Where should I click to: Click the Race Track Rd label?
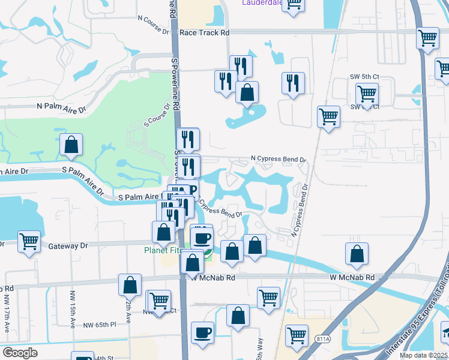(205, 32)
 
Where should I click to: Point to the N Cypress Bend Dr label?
(279, 160)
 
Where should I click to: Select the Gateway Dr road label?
(68, 245)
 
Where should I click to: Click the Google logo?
(20, 352)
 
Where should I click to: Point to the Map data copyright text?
(424, 355)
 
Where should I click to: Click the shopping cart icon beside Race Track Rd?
(427, 37)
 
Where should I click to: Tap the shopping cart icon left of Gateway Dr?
(29, 241)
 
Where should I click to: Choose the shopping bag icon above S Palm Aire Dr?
(71, 144)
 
